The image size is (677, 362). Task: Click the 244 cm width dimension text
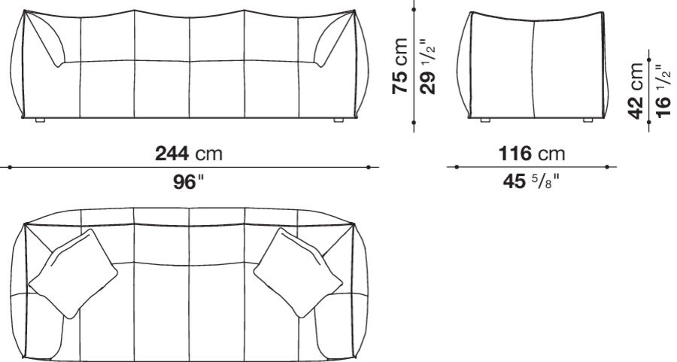189,154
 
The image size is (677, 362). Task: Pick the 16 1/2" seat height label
663,90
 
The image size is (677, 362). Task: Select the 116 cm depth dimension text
532,154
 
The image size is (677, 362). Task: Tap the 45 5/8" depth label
531,181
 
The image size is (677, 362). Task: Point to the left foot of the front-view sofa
41,120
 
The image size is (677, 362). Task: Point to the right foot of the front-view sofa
338,120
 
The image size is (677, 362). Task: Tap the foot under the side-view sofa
484,120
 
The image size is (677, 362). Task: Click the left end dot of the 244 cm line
8,168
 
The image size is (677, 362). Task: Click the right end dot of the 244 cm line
369,168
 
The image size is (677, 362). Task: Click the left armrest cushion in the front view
47,41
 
